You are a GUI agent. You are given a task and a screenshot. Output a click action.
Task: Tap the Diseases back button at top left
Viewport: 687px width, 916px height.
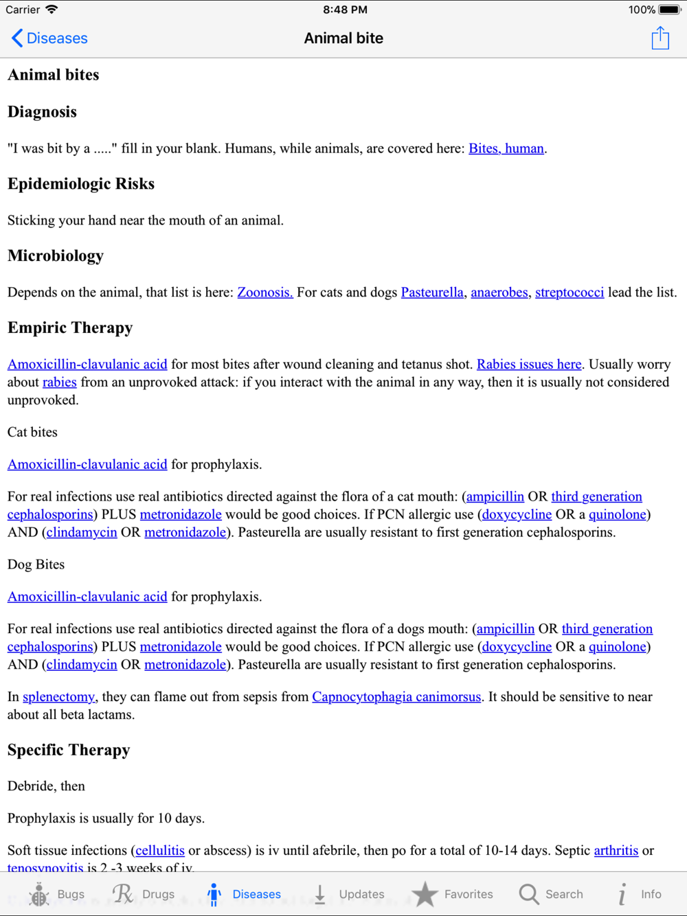pyautogui.click(x=49, y=38)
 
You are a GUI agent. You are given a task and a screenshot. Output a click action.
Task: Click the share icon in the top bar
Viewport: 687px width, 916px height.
pyautogui.click(x=660, y=38)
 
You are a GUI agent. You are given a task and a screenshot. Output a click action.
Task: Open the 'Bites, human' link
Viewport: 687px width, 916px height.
pyautogui.click(x=506, y=148)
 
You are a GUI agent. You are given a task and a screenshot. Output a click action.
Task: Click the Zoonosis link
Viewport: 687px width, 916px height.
pyautogui.click(x=265, y=293)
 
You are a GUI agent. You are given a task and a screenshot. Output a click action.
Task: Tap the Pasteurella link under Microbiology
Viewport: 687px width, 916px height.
pyautogui.click(x=432, y=293)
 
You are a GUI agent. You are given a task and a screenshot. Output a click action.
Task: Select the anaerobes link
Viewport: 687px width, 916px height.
pyautogui.click(x=499, y=293)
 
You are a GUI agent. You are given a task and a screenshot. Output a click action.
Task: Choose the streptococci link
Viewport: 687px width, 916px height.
pyautogui.click(x=570, y=293)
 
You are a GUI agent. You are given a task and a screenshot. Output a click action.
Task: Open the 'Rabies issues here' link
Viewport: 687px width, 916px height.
pyautogui.click(x=529, y=365)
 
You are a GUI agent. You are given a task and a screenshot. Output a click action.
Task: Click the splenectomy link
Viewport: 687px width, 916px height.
pyautogui.click(x=58, y=697)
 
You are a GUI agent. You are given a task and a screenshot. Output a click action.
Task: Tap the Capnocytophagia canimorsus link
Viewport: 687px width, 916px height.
pyautogui.click(x=396, y=697)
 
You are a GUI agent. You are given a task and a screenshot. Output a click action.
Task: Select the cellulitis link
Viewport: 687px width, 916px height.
pyautogui.click(x=160, y=851)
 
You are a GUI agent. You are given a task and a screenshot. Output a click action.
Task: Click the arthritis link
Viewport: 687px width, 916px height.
pyautogui.click(x=616, y=851)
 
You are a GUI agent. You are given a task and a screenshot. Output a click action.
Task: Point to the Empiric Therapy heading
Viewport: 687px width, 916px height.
pyautogui.click(x=70, y=328)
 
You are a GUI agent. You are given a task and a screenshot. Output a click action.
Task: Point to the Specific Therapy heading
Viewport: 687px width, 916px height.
pyautogui.click(x=69, y=751)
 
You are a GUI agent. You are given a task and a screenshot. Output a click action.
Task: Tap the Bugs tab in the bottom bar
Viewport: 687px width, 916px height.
pyautogui.click(x=56, y=894)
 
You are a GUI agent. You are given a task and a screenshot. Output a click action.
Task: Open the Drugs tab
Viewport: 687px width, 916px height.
pyautogui.click(x=144, y=894)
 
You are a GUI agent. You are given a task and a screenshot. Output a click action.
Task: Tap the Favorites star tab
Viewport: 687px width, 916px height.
pyautogui.click(x=453, y=894)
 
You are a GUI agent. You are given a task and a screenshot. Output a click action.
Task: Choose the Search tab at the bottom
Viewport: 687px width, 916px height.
pyautogui.click(x=551, y=894)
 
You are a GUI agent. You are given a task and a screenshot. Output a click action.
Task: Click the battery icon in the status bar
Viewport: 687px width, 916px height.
pyautogui.click(x=669, y=10)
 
